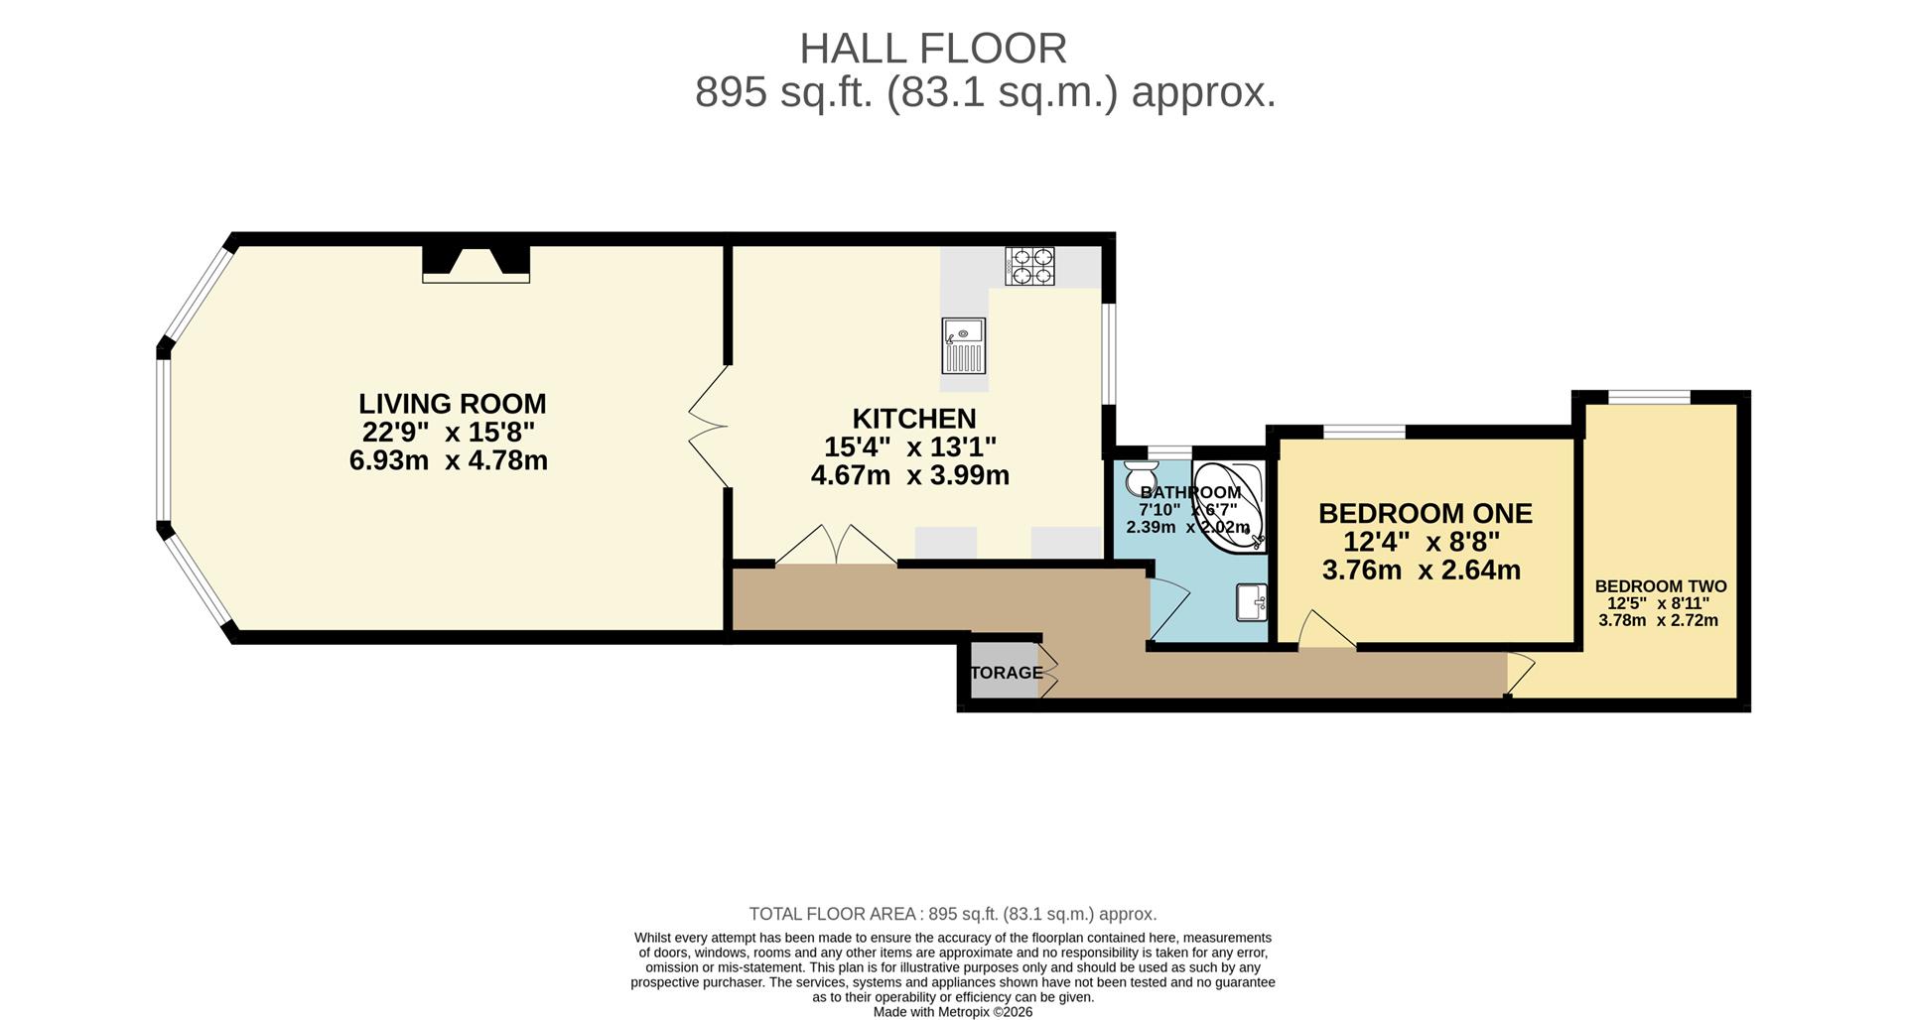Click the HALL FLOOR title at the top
click(x=933, y=48)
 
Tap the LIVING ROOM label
click(x=453, y=404)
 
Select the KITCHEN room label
click(x=914, y=419)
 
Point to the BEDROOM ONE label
click(x=1426, y=513)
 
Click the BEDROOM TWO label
click(x=1661, y=586)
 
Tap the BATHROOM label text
click(x=1190, y=492)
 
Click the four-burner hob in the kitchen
click(x=1029, y=266)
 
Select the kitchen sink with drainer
click(x=963, y=346)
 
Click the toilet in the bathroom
click(x=1142, y=476)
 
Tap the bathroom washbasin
click(x=1252, y=602)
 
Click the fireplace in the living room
click(x=476, y=264)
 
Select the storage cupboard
click(x=1005, y=672)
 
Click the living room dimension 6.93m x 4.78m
click(x=449, y=460)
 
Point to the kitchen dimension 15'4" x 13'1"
click(x=910, y=446)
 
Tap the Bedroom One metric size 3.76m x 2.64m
click(x=1422, y=570)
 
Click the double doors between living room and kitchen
click(x=709, y=427)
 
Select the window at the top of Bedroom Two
click(x=1649, y=398)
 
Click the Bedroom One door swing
click(x=1326, y=631)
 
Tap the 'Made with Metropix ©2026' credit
click(x=953, y=1012)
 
